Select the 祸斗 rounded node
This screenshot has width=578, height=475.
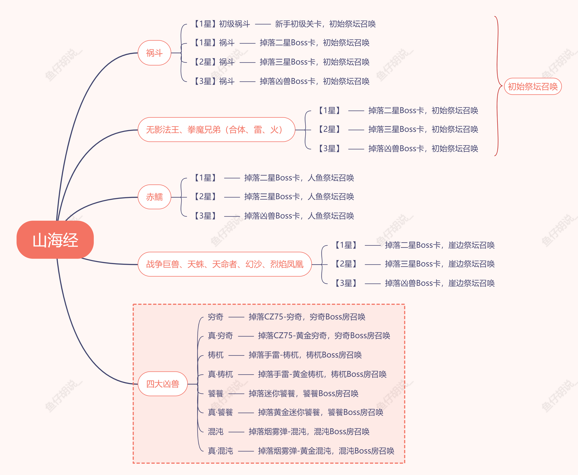(x=154, y=53)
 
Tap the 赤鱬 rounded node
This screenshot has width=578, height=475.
(x=154, y=197)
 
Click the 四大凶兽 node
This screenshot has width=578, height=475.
(x=163, y=384)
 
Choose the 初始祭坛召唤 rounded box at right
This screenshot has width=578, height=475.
(x=533, y=86)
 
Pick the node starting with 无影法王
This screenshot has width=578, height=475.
(x=216, y=129)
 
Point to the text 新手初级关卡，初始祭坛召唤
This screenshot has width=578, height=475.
(x=325, y=24)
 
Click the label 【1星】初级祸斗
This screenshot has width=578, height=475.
(x=222, y=24)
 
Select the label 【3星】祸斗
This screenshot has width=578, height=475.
(x=214, y=81)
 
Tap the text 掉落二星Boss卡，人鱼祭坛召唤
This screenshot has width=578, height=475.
(x=299, y=178)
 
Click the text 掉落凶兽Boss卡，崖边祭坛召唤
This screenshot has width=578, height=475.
(x=440, y=283)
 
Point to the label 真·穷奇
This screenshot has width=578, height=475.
(x=220, y=336)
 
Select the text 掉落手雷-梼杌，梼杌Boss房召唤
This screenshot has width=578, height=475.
(x=305, y=355)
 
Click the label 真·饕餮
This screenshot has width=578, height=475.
(x=220, y=412)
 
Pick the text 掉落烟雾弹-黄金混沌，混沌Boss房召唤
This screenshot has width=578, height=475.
(x=326, y=451)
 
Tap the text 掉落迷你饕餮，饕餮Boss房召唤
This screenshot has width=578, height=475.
(x=303, y=394)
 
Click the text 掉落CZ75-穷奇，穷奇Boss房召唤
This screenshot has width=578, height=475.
(x=307, y=317)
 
